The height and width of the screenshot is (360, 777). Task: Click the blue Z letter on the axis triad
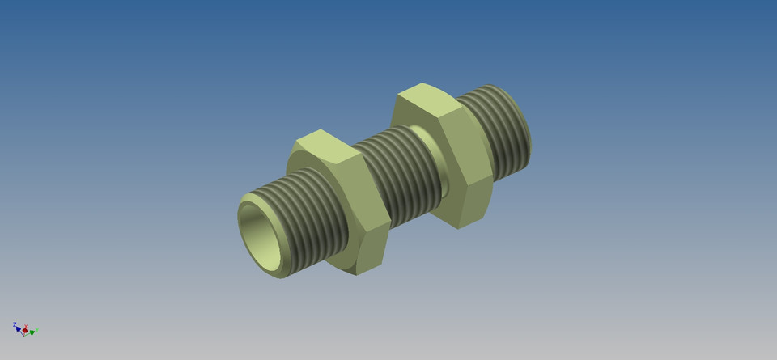(15, 324)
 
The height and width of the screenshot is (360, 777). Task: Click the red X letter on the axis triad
(26, 326)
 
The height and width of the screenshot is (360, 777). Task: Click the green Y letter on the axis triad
(37, 329)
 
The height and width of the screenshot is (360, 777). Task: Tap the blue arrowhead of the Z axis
(18, 329)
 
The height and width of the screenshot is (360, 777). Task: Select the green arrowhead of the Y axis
(32, 332)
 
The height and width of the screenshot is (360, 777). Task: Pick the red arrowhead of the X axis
(25, 331)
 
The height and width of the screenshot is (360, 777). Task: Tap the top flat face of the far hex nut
(425, 101)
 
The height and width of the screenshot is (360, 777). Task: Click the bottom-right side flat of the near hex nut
(373, 248)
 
